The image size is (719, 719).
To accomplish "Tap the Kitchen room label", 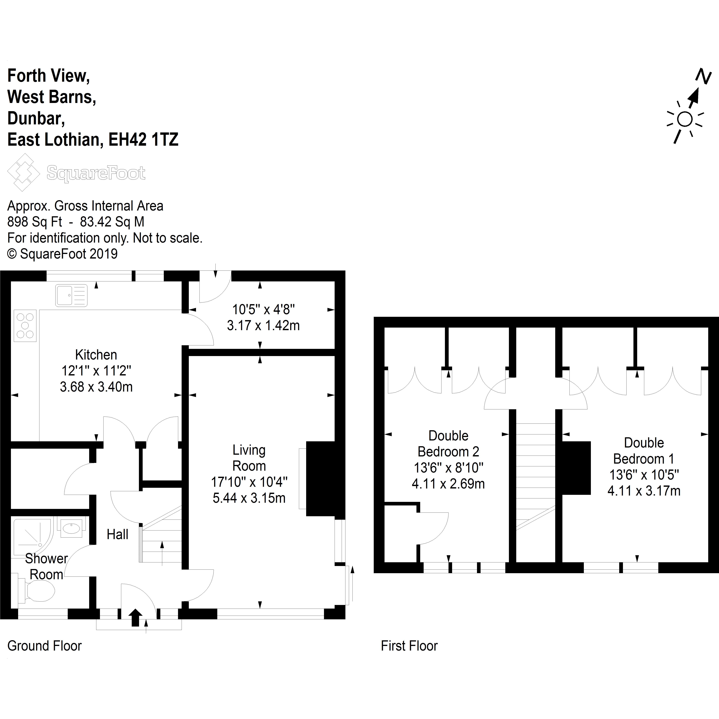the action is [96, 355].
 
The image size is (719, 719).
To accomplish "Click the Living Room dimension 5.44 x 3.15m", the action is [249, 498].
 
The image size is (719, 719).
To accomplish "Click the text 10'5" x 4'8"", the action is [263, 309].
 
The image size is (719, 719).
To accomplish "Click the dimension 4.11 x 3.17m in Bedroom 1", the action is [644, 491].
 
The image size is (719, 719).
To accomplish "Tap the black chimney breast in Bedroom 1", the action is [576, 468].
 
